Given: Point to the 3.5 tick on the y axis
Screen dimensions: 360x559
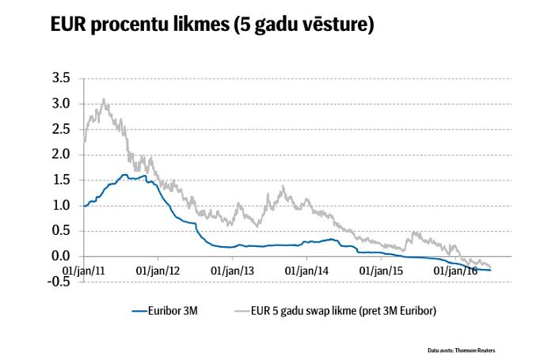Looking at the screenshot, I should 61,78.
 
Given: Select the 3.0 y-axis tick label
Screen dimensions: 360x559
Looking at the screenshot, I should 61,104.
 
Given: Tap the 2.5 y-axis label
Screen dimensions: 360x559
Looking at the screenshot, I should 61,129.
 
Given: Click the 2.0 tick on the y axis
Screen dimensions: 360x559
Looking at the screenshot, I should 61,154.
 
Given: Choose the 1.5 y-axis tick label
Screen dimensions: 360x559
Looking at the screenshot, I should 61,180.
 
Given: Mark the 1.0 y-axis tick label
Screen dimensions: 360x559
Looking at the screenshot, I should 61,205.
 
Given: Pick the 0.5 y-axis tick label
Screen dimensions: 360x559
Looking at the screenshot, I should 61,231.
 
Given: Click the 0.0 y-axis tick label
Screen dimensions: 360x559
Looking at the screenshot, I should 61,256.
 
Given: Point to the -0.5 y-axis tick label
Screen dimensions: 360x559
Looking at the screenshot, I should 59,282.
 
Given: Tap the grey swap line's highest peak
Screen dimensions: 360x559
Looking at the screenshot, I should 105,100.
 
